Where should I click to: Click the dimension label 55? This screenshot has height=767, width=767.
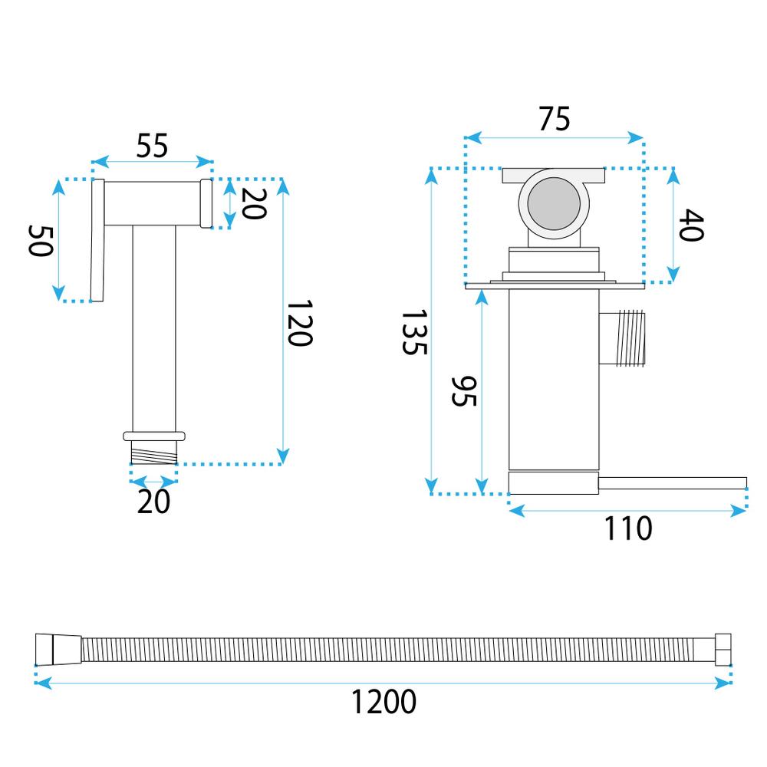tap(152, 145)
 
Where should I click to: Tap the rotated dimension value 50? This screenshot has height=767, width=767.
tap(41, 241)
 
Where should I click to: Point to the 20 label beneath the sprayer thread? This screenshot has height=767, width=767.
tap(153, 502)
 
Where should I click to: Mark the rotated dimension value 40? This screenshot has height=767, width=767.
tap(690, 225)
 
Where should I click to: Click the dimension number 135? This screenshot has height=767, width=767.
tap(413, 332)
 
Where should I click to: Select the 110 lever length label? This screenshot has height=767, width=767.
tap(627, 528)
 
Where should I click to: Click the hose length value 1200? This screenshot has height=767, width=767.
tap(383, 701)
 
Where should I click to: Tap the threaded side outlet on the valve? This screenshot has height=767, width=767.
tap(624, 337)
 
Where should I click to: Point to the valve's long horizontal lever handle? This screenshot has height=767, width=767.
tap(672, 482)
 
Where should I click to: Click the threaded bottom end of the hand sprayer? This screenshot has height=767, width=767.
tap(154, 453)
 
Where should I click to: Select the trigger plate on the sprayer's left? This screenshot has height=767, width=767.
tap(97, 241)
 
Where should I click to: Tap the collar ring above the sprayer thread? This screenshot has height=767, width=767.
tap(154, 436)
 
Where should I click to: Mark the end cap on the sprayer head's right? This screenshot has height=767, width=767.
tap(206, 203)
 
